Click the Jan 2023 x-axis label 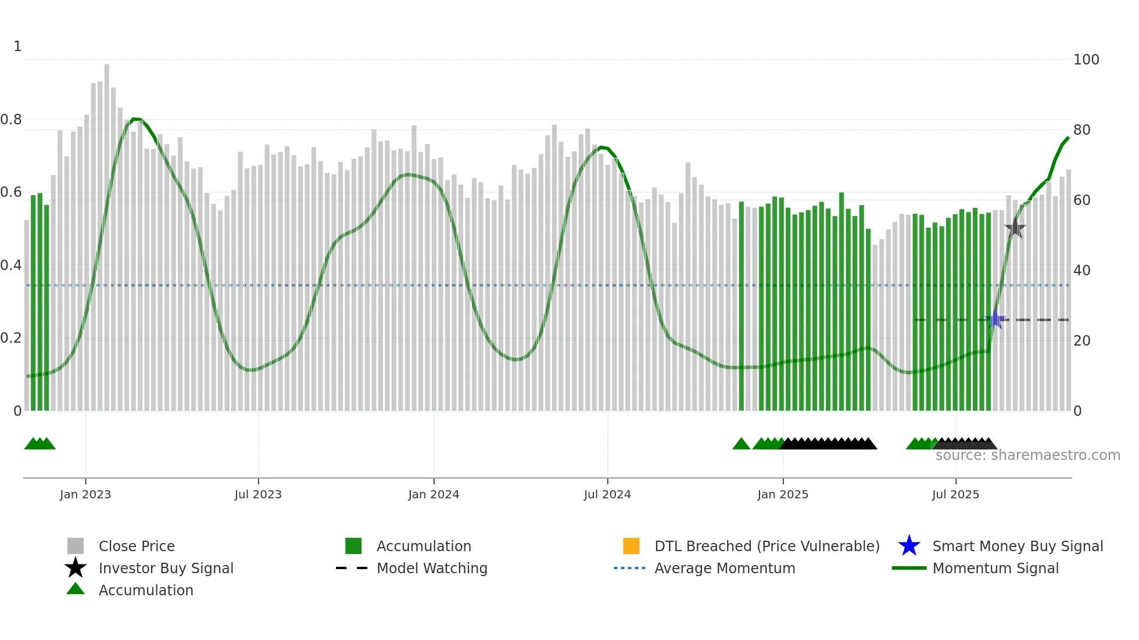point(85,494)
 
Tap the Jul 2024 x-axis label point(607,494)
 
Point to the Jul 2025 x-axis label point(955,494)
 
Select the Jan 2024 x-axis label point(434,494)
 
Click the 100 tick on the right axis point(1086,60)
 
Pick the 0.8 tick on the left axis point(11,120)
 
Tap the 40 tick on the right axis point(1081,271)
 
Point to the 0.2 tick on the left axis point(11,338)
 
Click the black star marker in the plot point(1015,228)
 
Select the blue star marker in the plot point(995,319)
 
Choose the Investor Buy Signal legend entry point(166,568)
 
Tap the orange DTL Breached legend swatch point(631,546)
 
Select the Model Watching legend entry point(431,568)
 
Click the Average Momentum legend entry point(724,568)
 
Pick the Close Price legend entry point(136,546)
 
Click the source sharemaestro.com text point(1027,455)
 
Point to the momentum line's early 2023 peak point(135,119)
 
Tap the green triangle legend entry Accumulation point(145,590)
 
